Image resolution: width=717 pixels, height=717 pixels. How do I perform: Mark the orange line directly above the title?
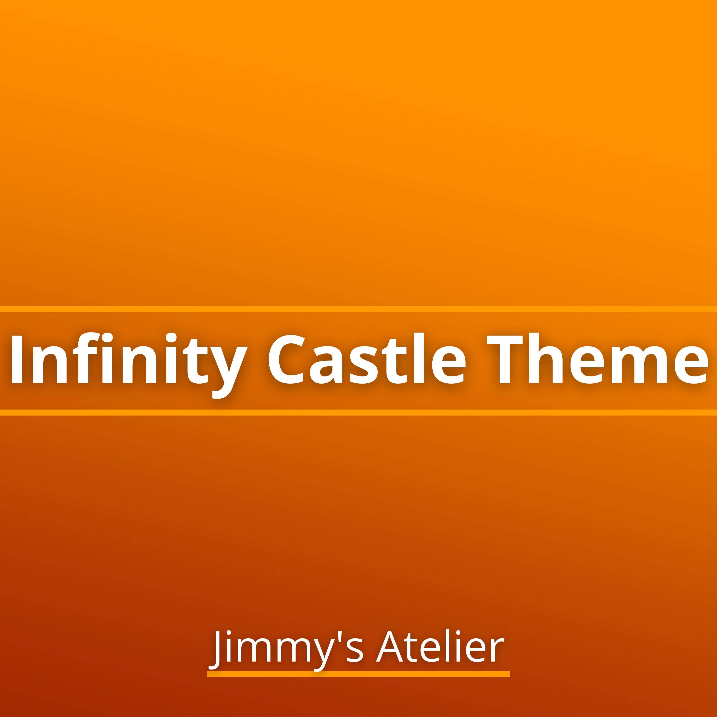click(x=358, y=309)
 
